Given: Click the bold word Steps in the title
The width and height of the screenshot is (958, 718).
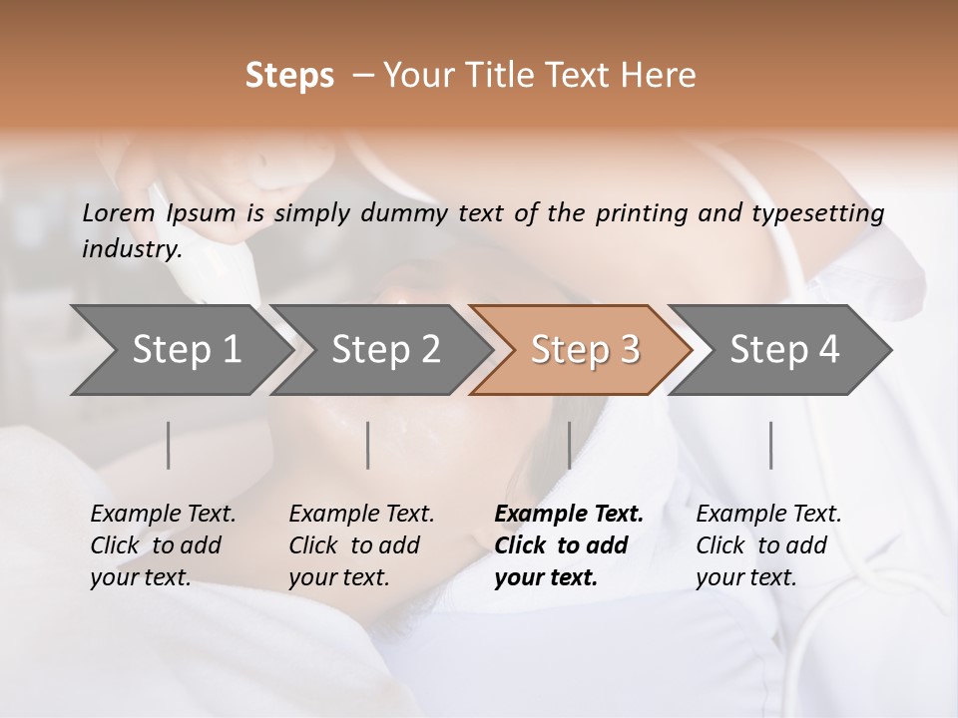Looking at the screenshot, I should point(289,76).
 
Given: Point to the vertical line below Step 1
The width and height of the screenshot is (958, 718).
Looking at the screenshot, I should point(169,445).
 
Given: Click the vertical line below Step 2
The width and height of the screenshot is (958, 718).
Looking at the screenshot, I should point(368,445).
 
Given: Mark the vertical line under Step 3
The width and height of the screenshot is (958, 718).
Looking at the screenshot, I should point(569,445).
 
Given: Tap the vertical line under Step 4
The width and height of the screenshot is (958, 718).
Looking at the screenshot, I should point(770,445).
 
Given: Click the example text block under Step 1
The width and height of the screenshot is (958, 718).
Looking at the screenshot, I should point(163,545).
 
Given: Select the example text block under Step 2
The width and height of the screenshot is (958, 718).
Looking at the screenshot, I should point(361,545).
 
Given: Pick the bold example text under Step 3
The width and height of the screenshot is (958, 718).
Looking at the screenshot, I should point(569,545).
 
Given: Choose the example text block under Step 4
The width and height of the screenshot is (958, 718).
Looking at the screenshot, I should point(768,545).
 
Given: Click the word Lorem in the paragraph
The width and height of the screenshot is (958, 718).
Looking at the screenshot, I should point(118,213).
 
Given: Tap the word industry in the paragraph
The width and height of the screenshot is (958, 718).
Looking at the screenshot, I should point(131,249).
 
